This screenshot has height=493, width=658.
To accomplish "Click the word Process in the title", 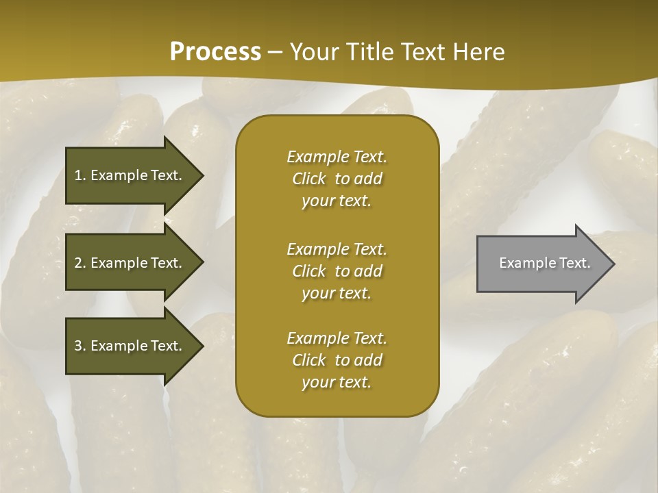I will click(x=215, y=52).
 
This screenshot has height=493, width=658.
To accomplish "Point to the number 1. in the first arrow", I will click(x=80, y=175).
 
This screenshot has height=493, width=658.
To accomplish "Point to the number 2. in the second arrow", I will click(x=80, y=263).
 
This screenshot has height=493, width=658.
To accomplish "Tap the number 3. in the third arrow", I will click(x=80, y=346).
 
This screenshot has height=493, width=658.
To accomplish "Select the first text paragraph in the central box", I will click(x=337, y=179).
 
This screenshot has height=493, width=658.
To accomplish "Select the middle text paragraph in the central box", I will click(x=337, y=271).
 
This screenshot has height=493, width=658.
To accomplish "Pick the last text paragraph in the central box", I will click(x=337, y=360).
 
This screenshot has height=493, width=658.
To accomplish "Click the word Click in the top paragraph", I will click(x=309, y=179).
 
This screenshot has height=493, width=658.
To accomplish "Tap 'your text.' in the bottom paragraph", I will click(x=337, y=383).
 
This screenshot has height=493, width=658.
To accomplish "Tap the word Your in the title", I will click(x=311, y=52).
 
